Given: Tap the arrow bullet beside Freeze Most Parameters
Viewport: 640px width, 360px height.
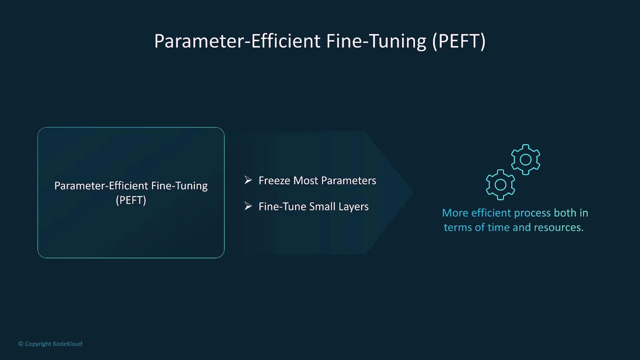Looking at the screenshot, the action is pos(248,180).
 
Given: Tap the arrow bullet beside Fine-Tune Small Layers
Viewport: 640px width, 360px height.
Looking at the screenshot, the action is pos(248,206).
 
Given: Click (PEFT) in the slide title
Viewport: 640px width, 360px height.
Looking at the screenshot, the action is pos(459,41).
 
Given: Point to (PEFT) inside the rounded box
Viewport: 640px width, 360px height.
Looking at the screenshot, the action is pos(131,200).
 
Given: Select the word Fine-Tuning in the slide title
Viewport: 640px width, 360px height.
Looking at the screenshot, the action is pos(376,42).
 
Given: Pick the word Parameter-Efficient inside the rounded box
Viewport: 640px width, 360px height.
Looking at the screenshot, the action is pos(101,186).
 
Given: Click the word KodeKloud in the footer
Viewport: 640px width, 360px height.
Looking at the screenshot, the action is pos(68,344).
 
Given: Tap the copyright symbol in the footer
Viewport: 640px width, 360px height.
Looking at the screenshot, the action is pos(21,344).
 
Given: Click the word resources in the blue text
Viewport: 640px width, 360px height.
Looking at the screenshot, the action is pos(558,227).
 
